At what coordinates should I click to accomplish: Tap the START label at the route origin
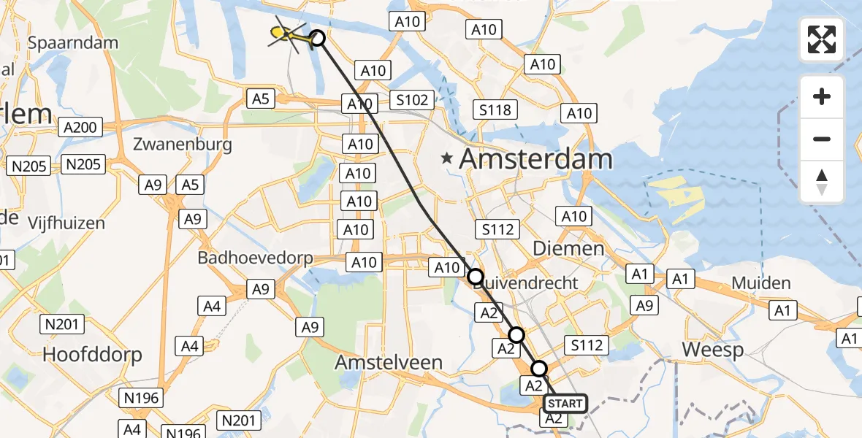[x=565, y=404]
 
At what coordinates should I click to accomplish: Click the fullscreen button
[x=822, y=39]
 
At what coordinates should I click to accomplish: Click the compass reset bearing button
[x=822, y=182]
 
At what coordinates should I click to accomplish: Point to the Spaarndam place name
[x=72, y=42]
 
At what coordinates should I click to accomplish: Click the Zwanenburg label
[x=183, y=144]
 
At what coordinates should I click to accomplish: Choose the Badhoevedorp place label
[x=255, y=258]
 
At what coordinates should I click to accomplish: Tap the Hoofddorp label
[x=92, y=354]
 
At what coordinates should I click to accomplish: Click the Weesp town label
[x=713, y=350]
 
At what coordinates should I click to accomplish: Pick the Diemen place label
[x=568, y=249]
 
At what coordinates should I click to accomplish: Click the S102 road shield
[x=412, y=100]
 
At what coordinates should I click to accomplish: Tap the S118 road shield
[x=496, y=109]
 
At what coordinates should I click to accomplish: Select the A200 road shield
[x=80, y=128]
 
